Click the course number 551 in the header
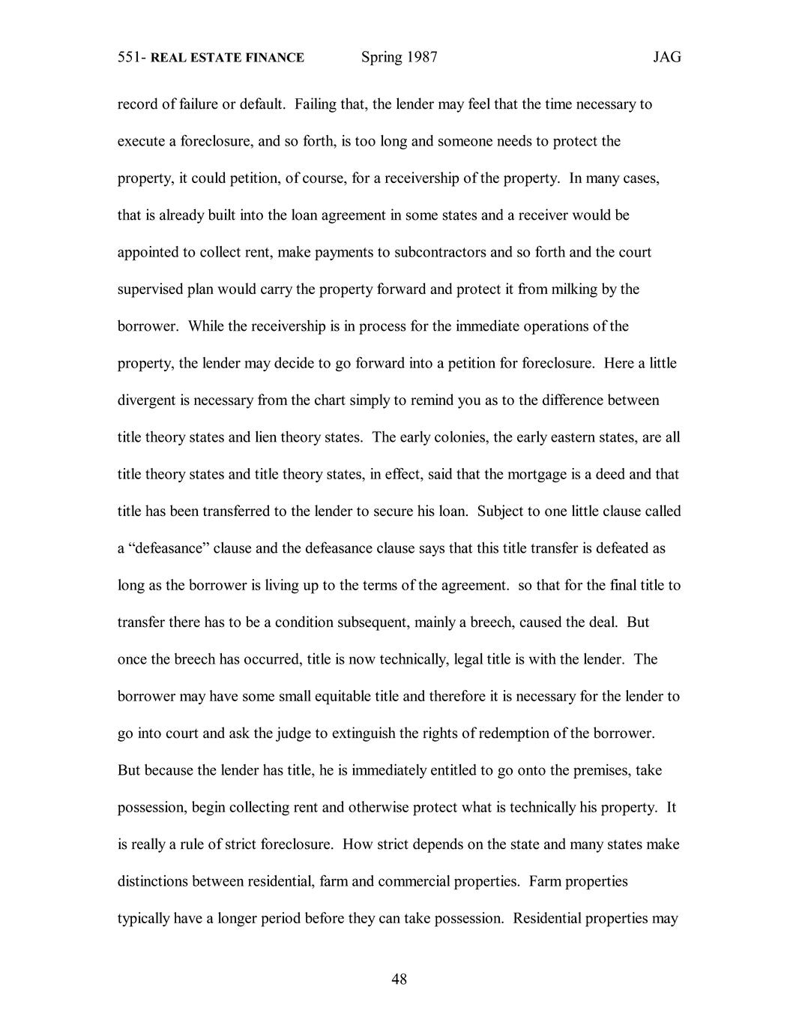(x=130, y=57)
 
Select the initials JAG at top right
(x=666, y=57)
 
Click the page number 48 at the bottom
(x=399, y=979)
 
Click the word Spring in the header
(x=382, y=58)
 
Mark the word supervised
(x=151, y=289)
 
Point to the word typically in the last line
(x=143, y=919)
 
